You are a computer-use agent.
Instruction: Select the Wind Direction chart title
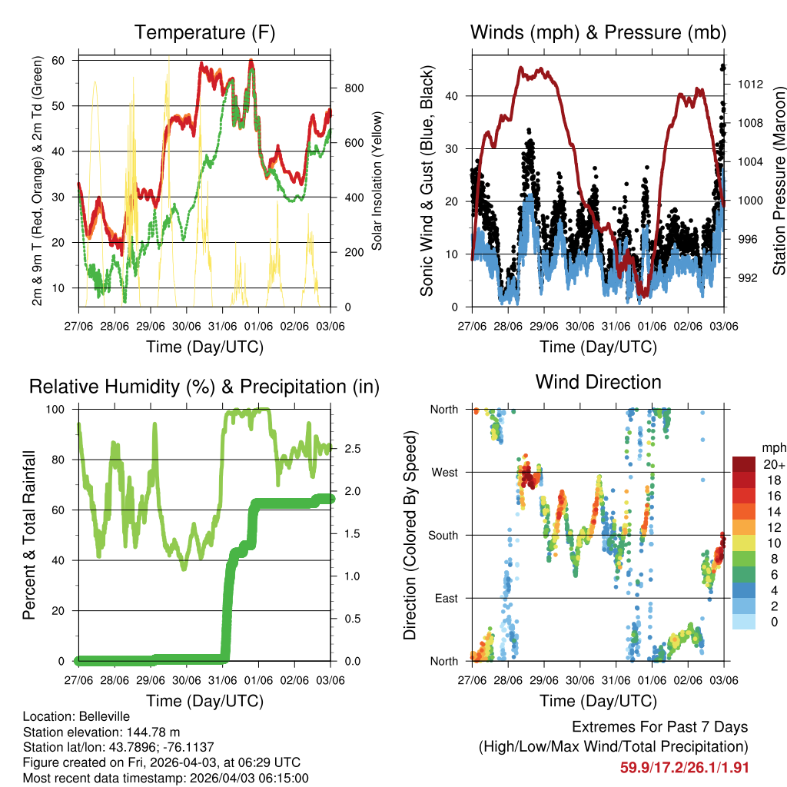coord(598,382)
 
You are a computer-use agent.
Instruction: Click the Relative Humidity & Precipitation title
coord(204,386)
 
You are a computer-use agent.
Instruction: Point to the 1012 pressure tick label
coord(746,84)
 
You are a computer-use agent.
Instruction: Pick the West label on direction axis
coord(443,472)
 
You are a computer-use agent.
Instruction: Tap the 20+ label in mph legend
coord(773,464)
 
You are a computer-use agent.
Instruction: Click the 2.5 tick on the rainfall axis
coord(347,448)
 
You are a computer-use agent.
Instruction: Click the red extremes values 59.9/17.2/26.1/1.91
coord(684,768)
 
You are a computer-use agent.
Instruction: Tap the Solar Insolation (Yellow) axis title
coord(377,181)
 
